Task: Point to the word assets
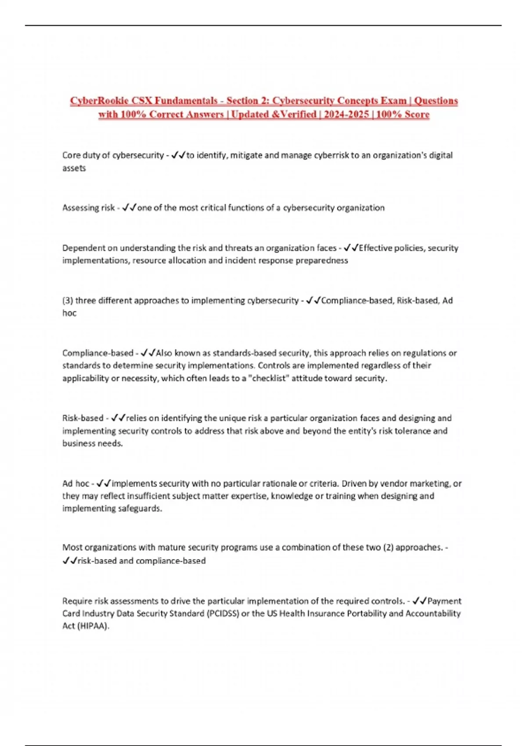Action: click(74, 168)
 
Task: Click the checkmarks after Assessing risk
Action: click(129, 208)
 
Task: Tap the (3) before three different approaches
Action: click(68, 301)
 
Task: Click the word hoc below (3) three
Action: click(69, 313)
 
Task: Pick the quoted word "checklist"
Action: click(268, 378)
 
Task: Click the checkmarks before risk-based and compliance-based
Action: click(69, 561)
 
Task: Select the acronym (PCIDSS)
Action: click(223, 613)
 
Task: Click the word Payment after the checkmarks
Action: click(444, 601)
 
